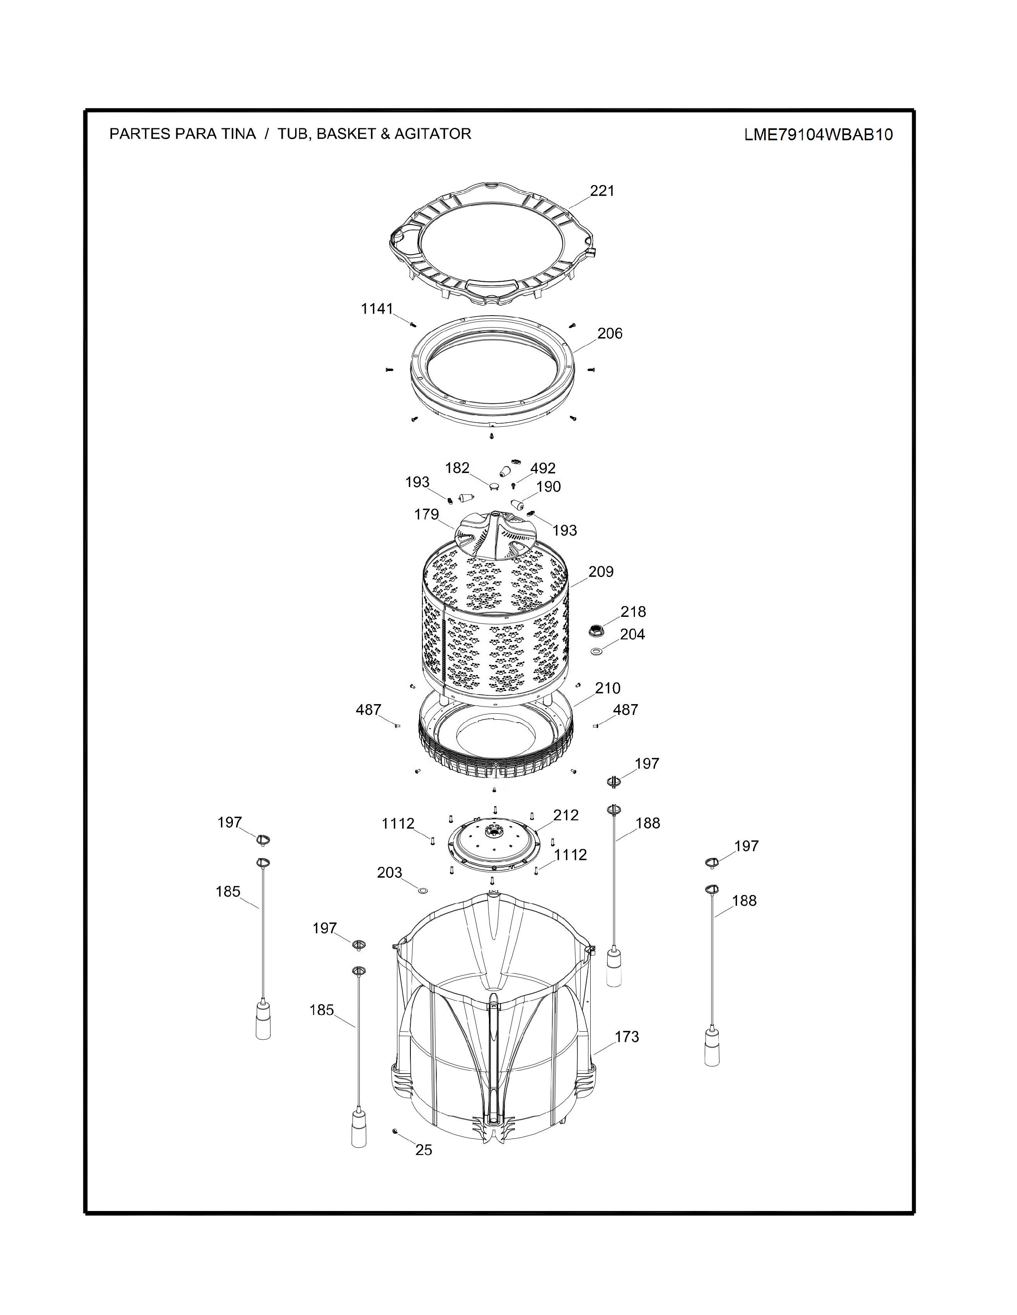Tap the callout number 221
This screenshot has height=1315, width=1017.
point(602,191)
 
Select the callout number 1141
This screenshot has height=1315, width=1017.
point(376,309)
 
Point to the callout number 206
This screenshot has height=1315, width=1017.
point(610,334)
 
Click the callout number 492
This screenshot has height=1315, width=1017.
point(543,469)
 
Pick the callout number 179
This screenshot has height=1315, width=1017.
point(427,515)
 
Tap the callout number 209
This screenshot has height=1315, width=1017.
point(601,571)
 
